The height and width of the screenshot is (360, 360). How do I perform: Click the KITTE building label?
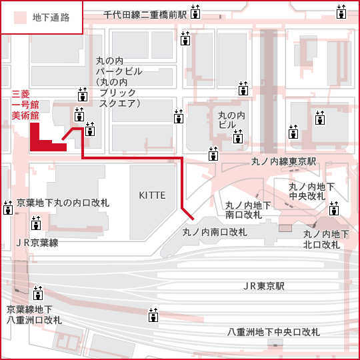click(x=152, y=195)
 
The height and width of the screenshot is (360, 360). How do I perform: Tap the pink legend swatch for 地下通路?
click(x=20, y=18)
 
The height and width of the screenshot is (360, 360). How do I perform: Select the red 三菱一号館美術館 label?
click(x=25, y=105)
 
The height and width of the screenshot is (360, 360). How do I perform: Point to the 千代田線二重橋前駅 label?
click(x=145, y=15)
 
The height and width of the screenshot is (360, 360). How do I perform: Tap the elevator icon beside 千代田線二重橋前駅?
click(x=195, y=12)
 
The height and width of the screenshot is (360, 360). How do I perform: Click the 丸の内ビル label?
click(x=231, y=120)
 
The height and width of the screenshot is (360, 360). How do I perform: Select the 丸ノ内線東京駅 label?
click(x=283, y=161)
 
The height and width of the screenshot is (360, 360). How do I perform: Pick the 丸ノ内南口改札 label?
click(x=215, y=233)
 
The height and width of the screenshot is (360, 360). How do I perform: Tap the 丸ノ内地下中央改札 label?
click(x=311, y=192)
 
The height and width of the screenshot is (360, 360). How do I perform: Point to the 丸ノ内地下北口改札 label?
click(x=326, y=240)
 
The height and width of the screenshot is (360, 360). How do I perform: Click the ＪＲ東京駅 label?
click(x=263, y=286)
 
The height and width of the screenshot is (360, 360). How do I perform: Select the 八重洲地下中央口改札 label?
click(x=273, y=332)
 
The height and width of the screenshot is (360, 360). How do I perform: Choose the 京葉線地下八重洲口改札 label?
click(x=34, y=315)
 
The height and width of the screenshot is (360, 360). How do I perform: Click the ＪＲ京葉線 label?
click(x=37, y=243)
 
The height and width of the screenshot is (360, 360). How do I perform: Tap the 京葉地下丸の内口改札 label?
click(x=63, y=203)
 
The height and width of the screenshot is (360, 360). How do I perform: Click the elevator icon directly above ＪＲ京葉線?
click(x=36, y=223)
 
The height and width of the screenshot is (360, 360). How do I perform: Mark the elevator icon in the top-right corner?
click(x=341, y=12)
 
